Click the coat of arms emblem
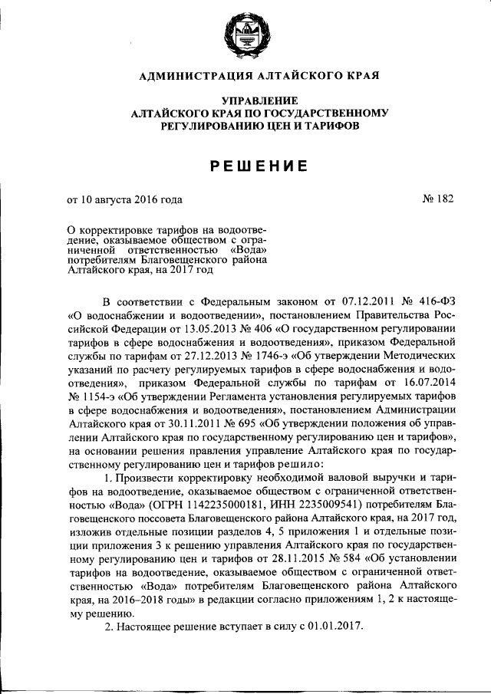(x=245, y=37)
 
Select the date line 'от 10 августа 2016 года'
(x=125, y=200)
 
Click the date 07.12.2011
(x=359, y=300)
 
